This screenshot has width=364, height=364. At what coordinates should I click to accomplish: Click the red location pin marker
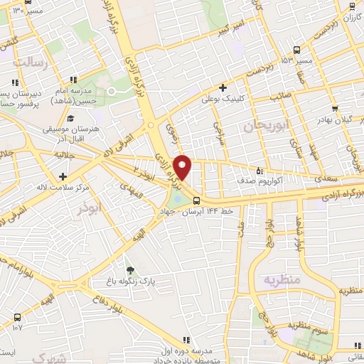click(183, 167)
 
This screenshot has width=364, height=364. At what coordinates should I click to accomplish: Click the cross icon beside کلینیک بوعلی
click(223, 88)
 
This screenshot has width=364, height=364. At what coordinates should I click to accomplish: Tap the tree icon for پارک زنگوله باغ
click(129, 269)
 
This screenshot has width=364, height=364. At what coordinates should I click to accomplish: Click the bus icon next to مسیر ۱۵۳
click(296, 50)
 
